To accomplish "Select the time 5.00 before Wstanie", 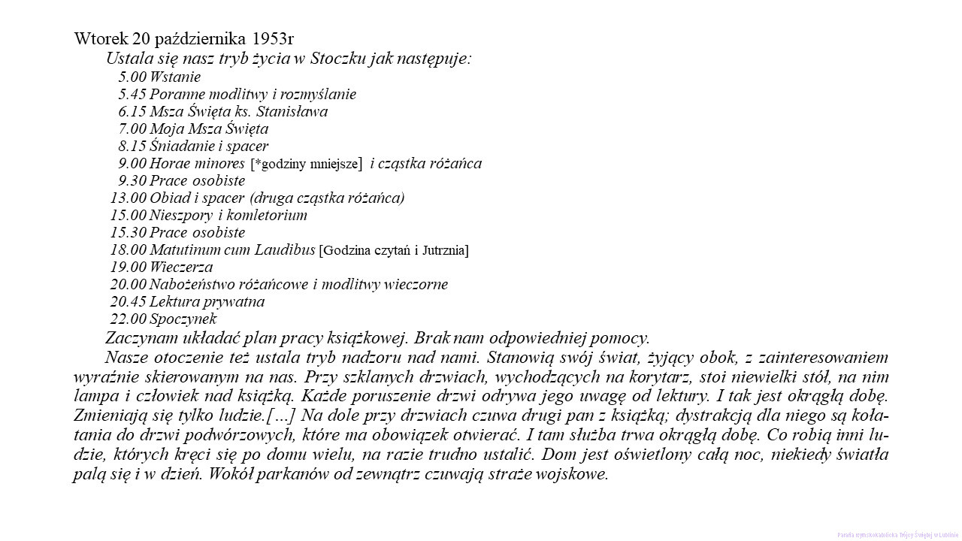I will tap(132, 77).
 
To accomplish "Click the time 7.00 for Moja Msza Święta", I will tap(132, 128).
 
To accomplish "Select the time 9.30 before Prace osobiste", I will tap(132, 180).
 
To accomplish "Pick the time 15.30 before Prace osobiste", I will tap(129, 232).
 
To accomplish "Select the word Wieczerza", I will tap(181, 267).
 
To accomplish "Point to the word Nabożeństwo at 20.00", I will tap(195, 284).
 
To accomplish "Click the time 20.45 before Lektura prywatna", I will tap(129, 301).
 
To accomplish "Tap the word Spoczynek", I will tap(183, 319).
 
